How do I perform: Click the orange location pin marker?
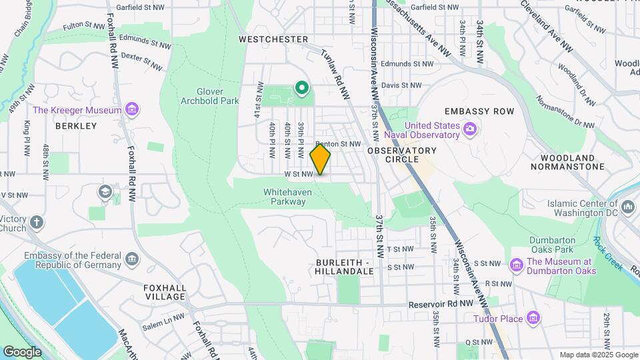click(320, 159)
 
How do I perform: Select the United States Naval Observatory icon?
click(470, 127)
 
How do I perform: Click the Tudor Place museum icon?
click(533, 318)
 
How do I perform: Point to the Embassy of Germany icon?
click(132, 259)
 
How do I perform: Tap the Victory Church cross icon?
click(36, 222)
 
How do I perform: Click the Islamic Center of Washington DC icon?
click(627, 209)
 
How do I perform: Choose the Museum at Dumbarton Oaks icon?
click(516, 265)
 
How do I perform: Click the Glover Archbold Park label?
click(209, 96)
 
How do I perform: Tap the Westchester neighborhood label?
click(273, 39)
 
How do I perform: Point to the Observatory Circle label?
click(401, 155)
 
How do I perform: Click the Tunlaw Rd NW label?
click(335, 76)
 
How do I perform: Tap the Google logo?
click(22, 351)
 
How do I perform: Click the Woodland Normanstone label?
click(568, 162)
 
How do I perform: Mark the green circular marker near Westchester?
click(301, 87)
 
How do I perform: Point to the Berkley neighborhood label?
click(76, 125)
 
